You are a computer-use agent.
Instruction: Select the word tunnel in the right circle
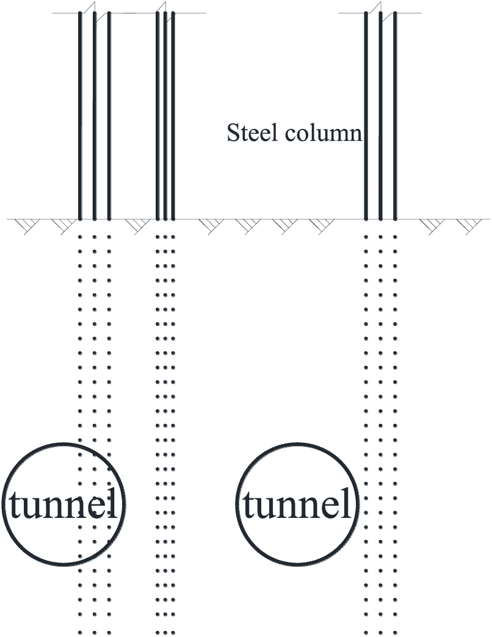click(x=297, y=505)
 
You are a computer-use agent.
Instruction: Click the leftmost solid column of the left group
click(x=80, y=116)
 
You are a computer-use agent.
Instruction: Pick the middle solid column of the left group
click(x=95, y=116)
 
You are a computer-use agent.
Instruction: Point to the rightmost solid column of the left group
click(x=109, y=116)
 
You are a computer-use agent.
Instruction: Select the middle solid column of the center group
click(x=165, y=116)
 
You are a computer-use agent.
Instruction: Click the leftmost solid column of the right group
click(x=366, y=116)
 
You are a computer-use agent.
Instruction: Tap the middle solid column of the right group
click(x=380, y=116)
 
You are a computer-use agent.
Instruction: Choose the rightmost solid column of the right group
click(x=395, y=116)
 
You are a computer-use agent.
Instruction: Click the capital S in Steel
click(x=233, y=133)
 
